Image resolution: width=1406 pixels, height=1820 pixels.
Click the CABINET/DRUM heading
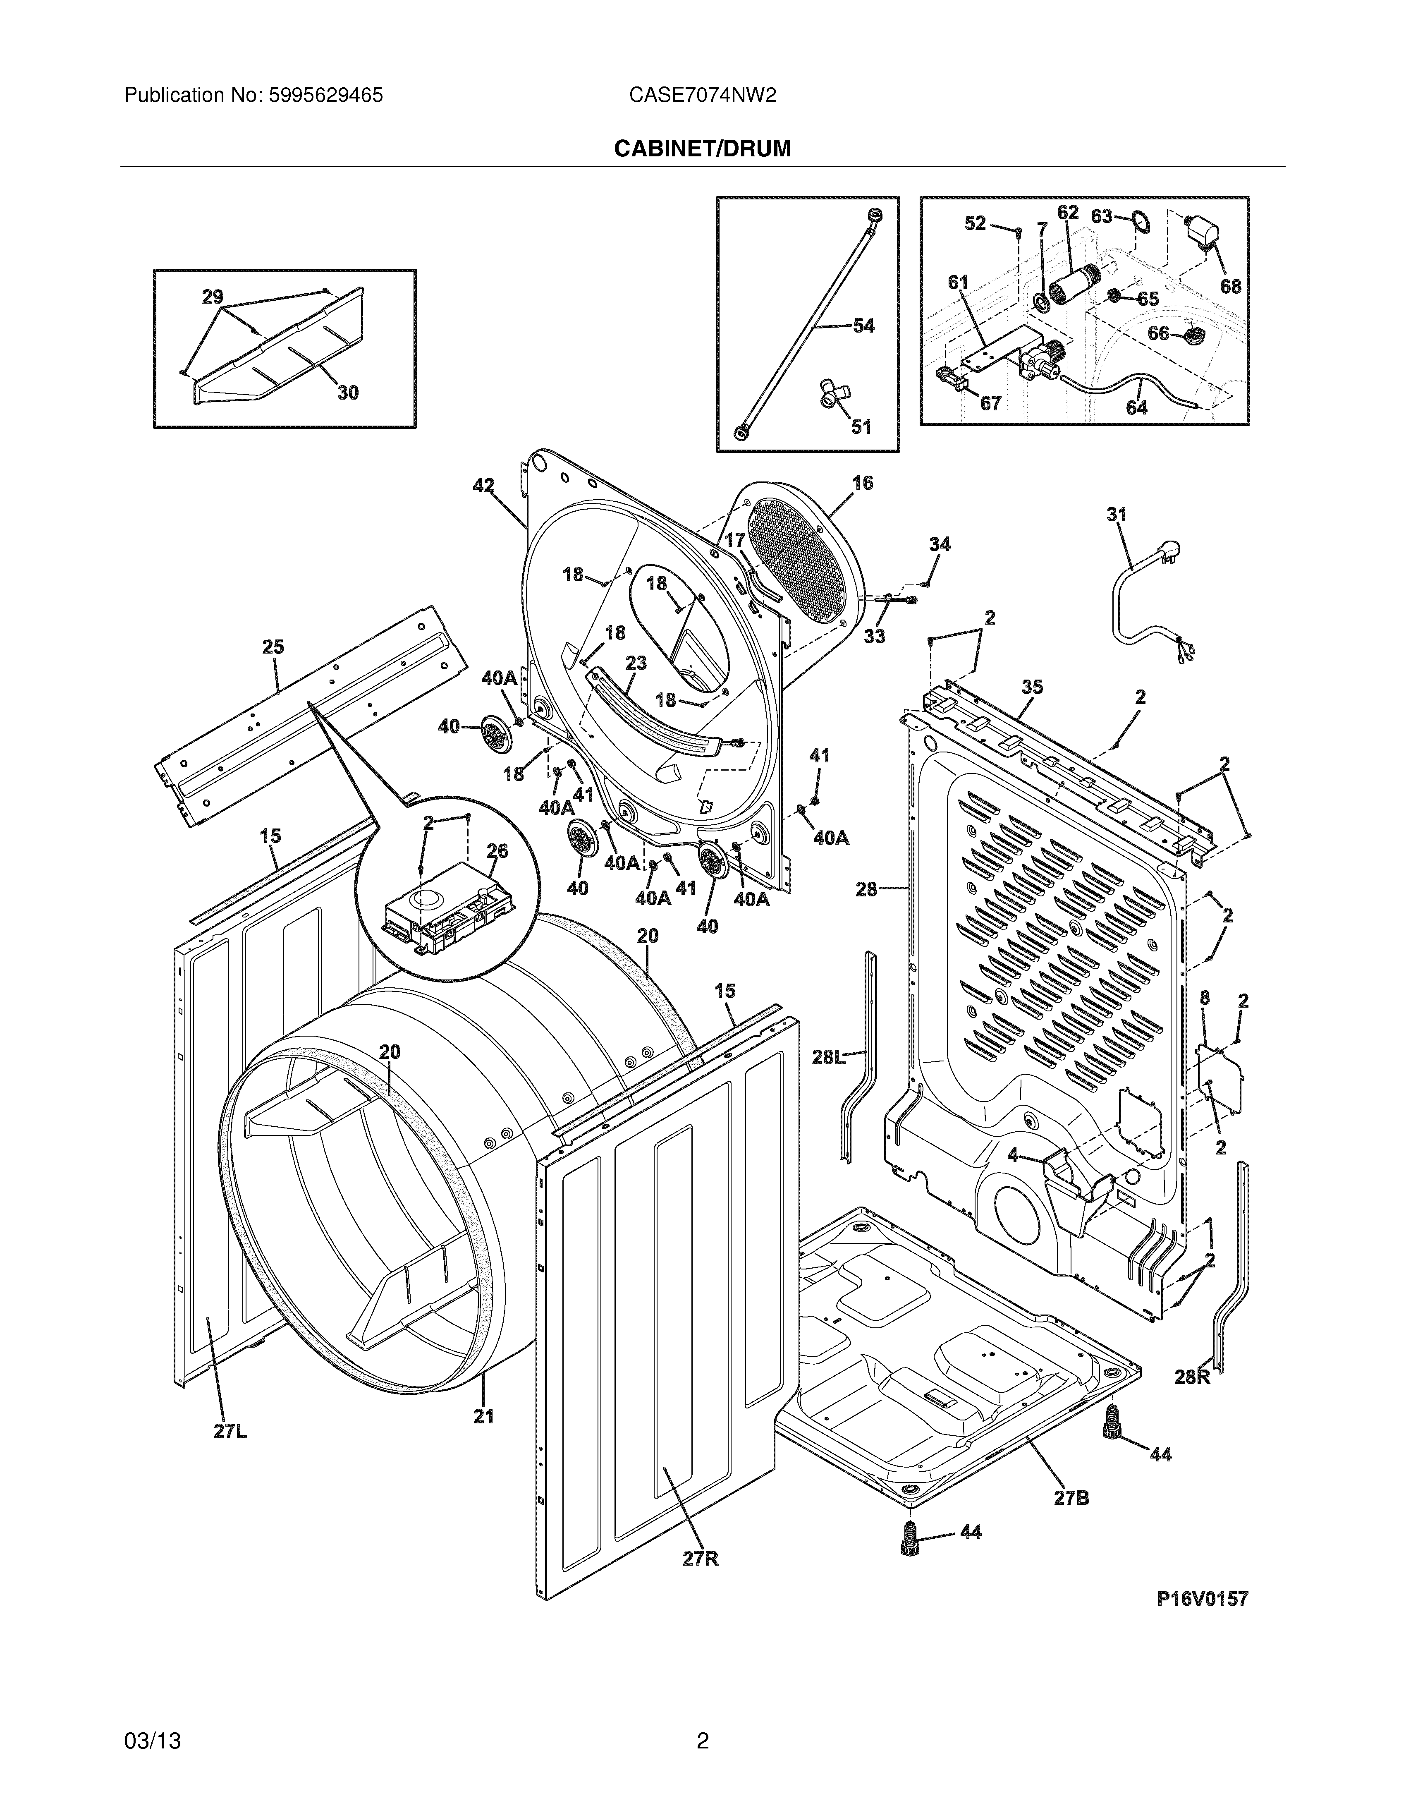702,148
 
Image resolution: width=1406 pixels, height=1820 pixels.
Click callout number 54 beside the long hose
864,326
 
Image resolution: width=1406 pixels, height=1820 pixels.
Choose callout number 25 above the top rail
273,647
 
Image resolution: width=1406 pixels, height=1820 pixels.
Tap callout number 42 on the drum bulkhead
483,486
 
